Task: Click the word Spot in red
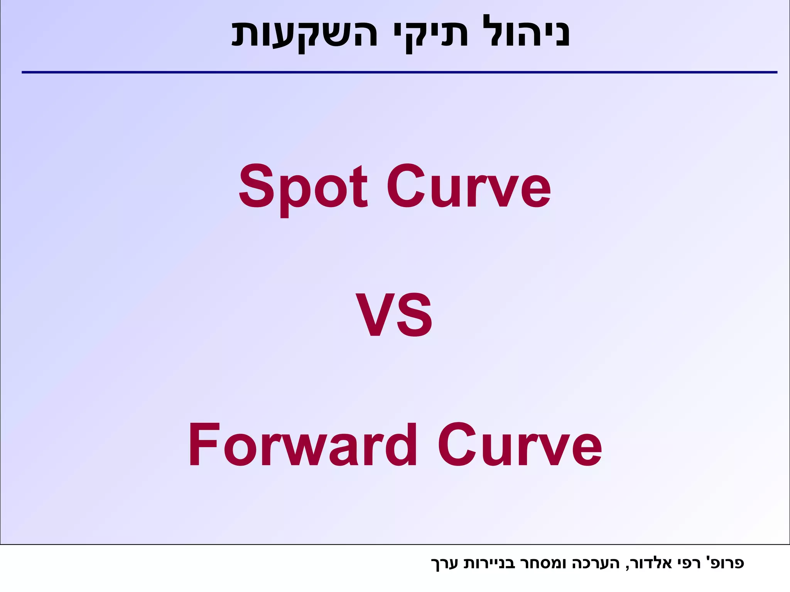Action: pyautogui.click(x=303, y=187)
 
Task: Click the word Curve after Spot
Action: pyautogui.click(x=469, y=187)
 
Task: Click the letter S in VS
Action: pyautogui.click(x=415, y=315)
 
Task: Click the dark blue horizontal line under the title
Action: pyautogui.click(x=399, y=72)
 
